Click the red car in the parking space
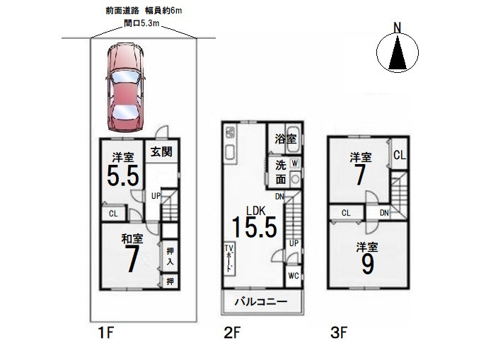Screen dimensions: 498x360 click(x=124, y=87)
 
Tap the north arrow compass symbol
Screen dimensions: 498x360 click(x=398, y=50)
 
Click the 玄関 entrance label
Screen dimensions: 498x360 click(x=161, y=152)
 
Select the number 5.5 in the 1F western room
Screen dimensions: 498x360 click(x=123, y=175)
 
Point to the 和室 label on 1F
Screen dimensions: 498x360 click(x=132, y=238)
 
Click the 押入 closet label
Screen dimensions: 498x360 click(x=170, y=257)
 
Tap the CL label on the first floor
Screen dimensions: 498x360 click(x=113, y=214)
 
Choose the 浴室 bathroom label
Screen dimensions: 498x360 click(x=286, y=139)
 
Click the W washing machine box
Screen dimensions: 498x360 click(x=295, y=163)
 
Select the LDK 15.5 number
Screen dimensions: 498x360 click(x=255, y=227)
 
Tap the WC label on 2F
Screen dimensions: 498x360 click(x=294, y=276)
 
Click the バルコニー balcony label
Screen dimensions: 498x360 click(x=261, y=301)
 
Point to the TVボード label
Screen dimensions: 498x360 click(x=229, y=258)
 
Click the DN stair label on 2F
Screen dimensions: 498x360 click(x=279, y=197)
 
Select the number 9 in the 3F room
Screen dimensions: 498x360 click(x=367, y=264)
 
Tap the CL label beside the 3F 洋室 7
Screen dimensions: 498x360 click(x=400, y=155)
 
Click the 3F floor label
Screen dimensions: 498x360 click(x=339, y=333)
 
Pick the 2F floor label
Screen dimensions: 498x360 click(x=232, y=333)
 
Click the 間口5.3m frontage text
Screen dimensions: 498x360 click(x=141, y=23)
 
